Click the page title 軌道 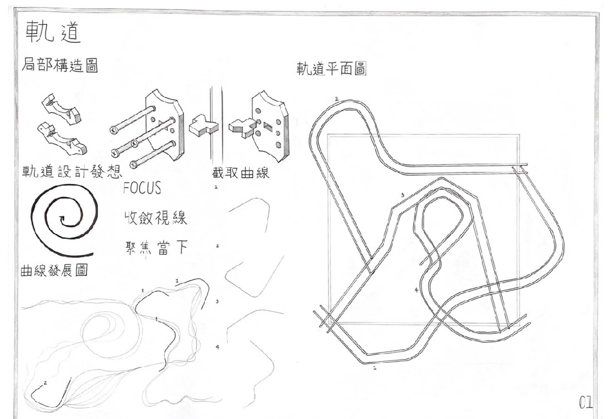pos(53,32)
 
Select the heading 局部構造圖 pos(60,65)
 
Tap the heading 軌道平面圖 pos(331,69)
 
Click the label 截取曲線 pos(240,173)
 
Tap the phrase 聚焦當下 pos(156,248)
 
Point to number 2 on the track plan pos(337,99)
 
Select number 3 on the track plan pos(402,195)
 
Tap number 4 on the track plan pos(416,290)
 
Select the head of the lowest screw pos(134,165)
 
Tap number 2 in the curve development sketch pos(45,383)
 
